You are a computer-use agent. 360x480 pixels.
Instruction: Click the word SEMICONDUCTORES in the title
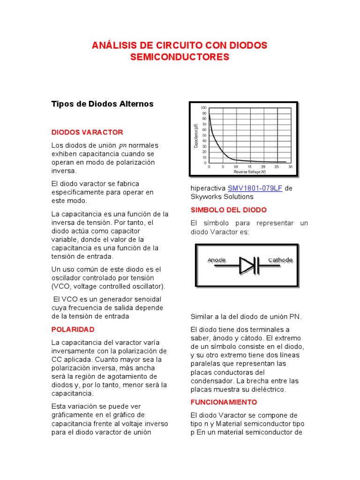pyautogui.click(x=180, y=57)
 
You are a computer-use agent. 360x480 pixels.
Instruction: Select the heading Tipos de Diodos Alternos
pyautogui.click(x=102, y=104)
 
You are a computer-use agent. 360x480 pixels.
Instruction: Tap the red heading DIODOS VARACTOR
pyautogui.click(x=87, y=132)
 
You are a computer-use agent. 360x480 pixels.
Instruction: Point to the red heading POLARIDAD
pyautogui.click(x=73, y=329)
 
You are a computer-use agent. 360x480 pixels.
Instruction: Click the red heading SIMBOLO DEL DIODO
pyautogui.click(x=228, y=210)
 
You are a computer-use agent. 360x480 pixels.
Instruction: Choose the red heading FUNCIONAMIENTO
pyautogui.click(x=224, y=402)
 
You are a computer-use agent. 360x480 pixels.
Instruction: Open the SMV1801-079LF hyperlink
pyautogui.click(x=255, y=188)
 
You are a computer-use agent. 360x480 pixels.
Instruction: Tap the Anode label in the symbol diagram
pyautogui.click(x=217, y=260)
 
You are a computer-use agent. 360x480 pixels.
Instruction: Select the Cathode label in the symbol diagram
pyautogui.click(x=280, y=260)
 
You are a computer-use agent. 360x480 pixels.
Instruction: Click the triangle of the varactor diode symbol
pyautogui.click(x=246, y=265)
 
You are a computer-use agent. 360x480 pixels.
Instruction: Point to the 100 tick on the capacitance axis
pyautogui.click(x=203, y=108)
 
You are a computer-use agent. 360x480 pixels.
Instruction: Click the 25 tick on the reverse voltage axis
pyautogui.click(x=277, y=167)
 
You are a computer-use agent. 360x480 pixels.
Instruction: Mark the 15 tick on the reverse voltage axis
pyautogui.click(x=249, y=167)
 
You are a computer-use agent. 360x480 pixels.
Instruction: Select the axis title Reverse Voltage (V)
pyautogui.click(x=250, y=172)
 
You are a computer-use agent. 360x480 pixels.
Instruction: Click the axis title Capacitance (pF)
pyautogui.click(x=196, y=135)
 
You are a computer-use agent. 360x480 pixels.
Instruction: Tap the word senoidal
pyautogui.click(x=147, y=299)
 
